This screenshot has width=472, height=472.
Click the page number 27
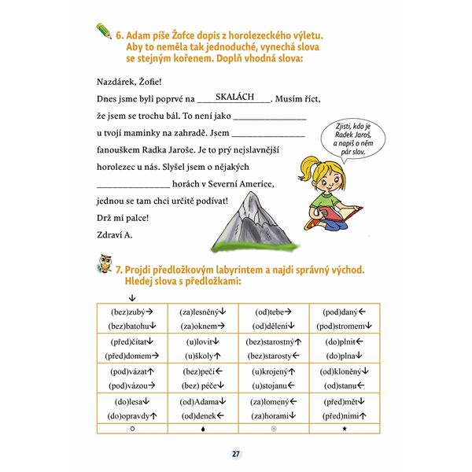point(236,454)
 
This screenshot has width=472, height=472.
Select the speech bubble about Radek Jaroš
point(341,136)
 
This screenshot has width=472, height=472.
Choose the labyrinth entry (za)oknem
point(201,326)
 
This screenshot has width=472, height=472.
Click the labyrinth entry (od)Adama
point(201,400)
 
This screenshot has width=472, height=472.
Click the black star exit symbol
point(345,430)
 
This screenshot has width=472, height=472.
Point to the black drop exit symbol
point(202,430)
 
